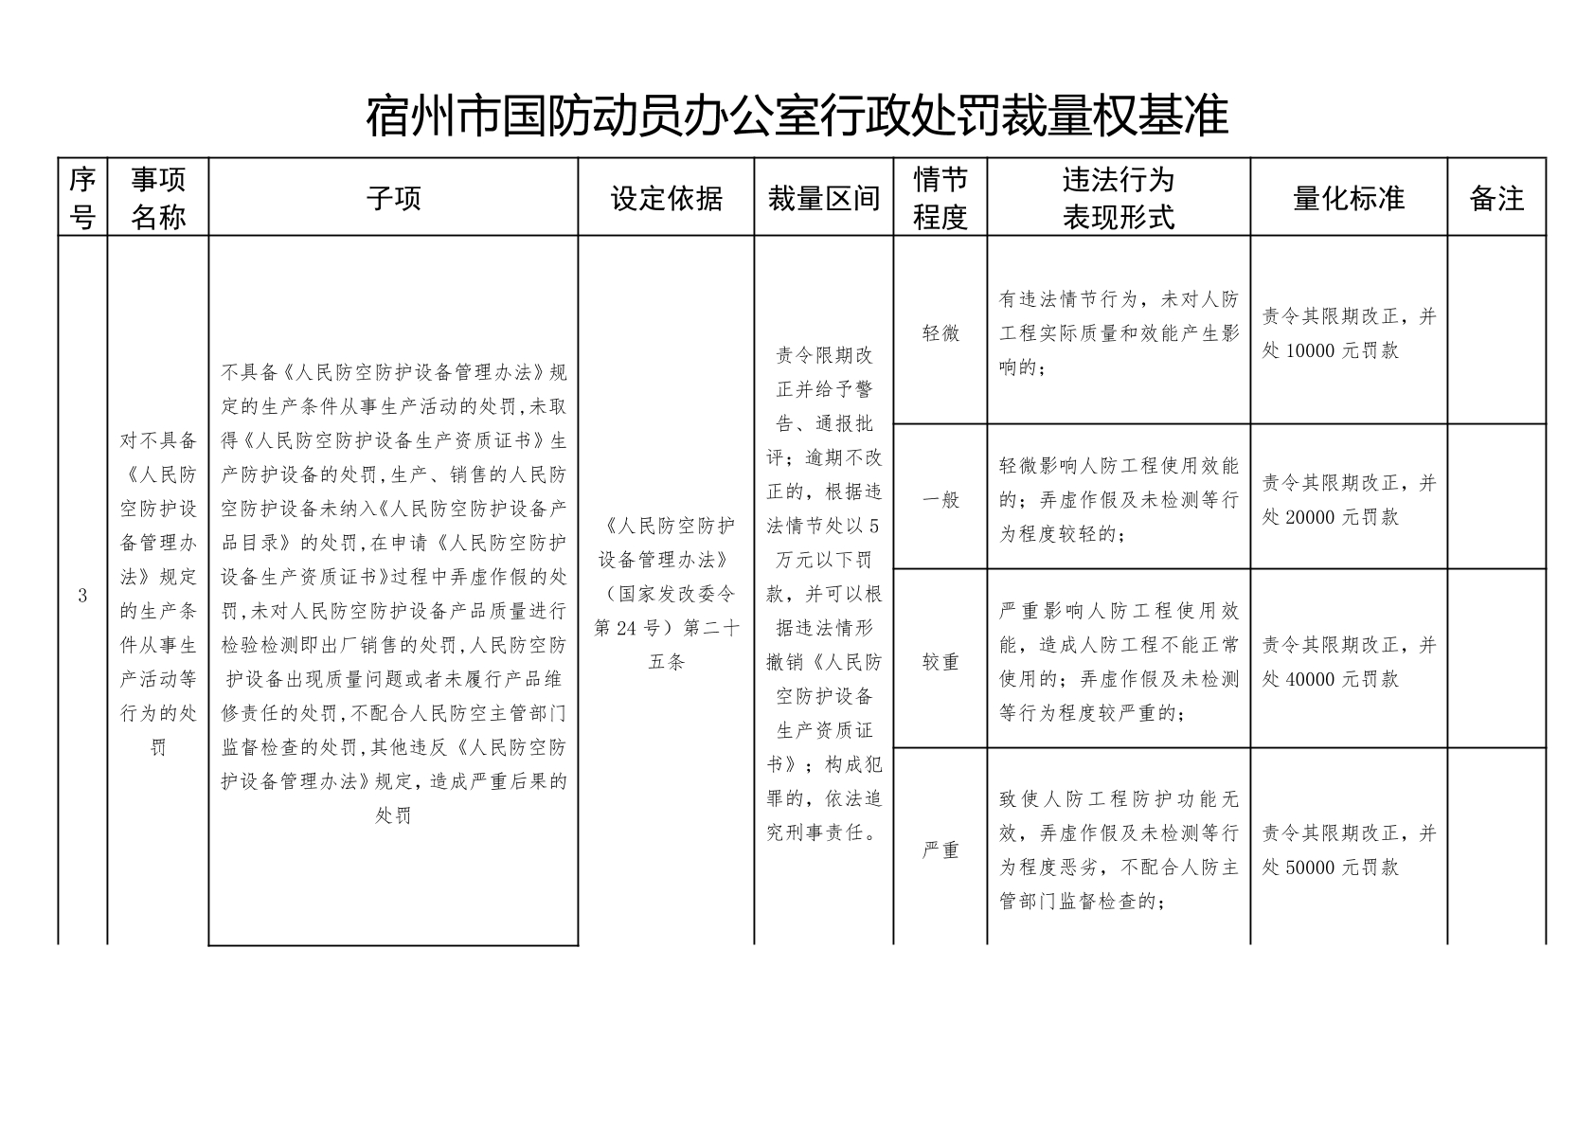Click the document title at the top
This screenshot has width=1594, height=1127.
coord(797,116)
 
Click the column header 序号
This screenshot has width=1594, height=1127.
coord(82,198)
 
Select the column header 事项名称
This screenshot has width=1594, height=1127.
coord(158,198)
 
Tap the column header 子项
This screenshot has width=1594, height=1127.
coord(393,199)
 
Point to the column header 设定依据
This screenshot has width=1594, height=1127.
coord(666,199)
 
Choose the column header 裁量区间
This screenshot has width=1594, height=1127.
coord(823,199)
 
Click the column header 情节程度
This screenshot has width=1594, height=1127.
coord(940,198)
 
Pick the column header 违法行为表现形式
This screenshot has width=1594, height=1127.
coord(1118,198)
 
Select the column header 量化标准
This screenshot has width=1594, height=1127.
coord(1348,199)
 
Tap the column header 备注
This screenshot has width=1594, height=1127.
coord(1495,199)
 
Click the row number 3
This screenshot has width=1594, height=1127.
coord(82,596)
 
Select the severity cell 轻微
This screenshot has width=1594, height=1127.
coord(940,333)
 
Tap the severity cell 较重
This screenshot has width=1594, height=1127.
coord(940,662)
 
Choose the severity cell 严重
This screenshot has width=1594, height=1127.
coord(940,850)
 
